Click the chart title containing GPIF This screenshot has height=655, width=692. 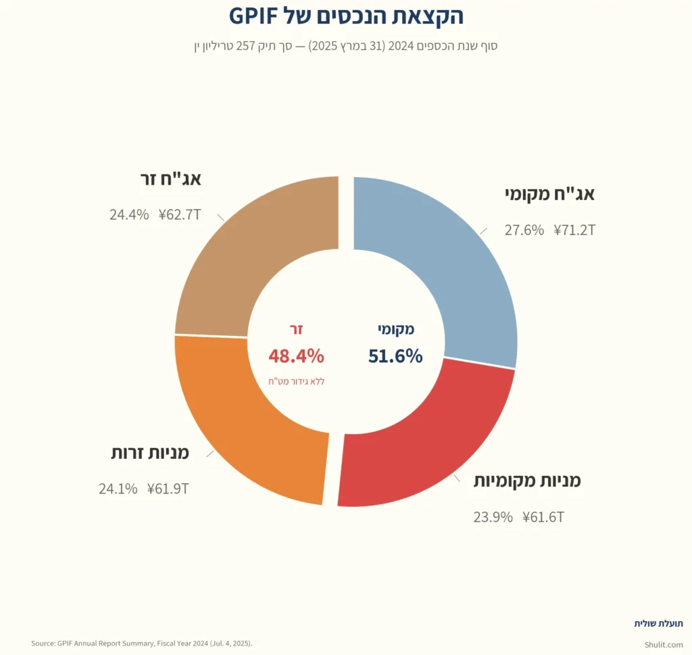point(346,16)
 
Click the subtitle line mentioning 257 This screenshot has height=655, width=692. point(346,47)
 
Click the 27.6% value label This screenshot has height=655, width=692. point(524,230)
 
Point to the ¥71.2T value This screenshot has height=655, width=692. point(574,230)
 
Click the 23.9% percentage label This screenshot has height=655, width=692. point(493,518)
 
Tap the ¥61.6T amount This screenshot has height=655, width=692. point(543,518)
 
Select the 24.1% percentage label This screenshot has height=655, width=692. point(118,489)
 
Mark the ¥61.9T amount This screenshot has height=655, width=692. point(168,489)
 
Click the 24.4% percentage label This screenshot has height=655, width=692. point(129,215)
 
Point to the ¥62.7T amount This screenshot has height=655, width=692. point(180,215)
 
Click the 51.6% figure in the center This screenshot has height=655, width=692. point(395,356)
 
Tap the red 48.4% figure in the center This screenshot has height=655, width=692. point(296,356)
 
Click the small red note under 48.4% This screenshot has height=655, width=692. point(296,381)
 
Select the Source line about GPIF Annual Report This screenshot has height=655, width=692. point(142,643)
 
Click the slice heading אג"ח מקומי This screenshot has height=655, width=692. point(550,195)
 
